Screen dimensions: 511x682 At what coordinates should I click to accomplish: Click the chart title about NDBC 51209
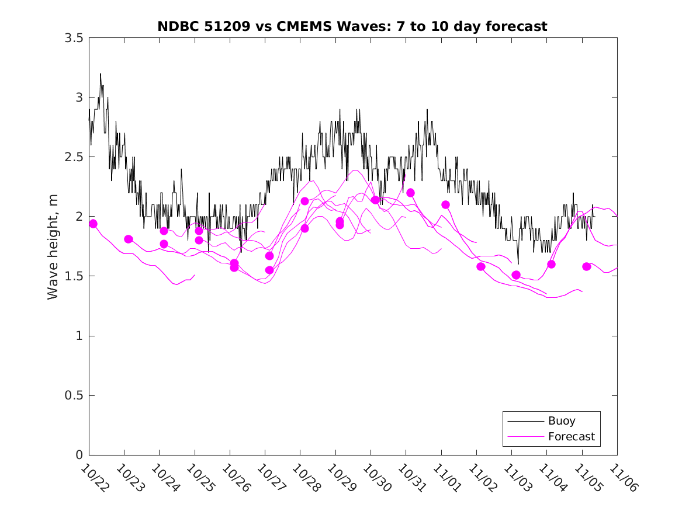352,26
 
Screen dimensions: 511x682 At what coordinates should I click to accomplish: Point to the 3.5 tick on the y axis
74,38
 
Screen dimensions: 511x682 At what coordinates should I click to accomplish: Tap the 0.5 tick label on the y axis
74,396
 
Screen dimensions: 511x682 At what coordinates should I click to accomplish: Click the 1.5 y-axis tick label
74,276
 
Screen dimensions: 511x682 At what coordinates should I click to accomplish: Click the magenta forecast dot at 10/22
93,224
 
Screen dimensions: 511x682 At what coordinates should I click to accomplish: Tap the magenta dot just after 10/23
129,239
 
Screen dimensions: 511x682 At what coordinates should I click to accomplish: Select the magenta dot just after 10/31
410,193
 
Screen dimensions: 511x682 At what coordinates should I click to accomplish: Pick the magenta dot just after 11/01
445,204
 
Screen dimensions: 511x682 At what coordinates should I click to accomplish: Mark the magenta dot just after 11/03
516,274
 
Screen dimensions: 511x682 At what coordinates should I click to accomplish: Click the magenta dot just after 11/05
586,266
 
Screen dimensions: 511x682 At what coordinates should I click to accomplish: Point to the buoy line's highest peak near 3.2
101,74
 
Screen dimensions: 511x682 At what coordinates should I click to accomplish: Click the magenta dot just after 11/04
551,264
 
